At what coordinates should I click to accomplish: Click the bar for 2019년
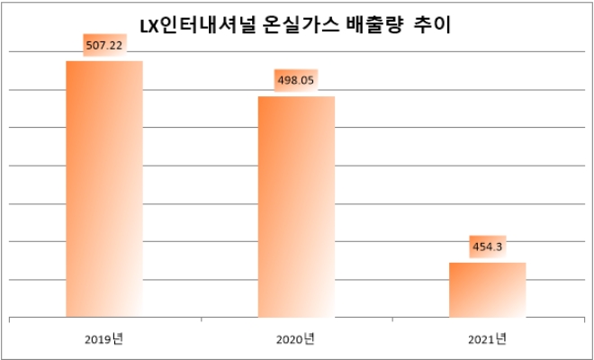point(104,189)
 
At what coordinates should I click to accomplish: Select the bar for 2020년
point(296,207)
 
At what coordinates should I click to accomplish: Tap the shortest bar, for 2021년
point(487,290)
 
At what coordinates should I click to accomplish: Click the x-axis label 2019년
point(105,339)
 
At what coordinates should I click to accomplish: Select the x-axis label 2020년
point(296,339)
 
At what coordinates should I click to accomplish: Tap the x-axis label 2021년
point(488,339)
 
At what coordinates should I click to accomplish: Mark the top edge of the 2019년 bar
point(104,61)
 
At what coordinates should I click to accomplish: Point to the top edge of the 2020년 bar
point(296,96)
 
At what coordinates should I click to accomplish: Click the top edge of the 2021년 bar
point(487,263)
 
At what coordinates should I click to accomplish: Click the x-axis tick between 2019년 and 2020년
point(201,319)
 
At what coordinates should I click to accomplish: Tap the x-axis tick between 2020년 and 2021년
point(392,319)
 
